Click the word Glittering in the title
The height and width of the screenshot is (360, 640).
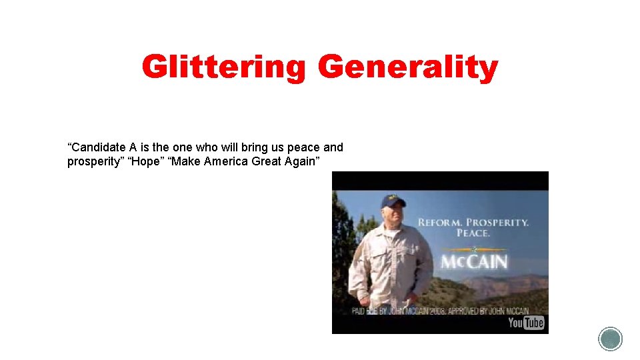tap(223, 68)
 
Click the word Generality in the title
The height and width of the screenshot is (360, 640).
tap(407, 68)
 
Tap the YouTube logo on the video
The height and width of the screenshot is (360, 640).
tap(526, 323)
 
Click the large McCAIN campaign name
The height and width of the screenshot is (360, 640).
tap(473, 261)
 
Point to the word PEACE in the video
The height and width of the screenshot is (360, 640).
tap(473, 233)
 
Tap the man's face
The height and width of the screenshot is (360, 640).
tap(395, 213)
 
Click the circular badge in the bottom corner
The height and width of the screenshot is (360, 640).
tap(610, 339)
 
